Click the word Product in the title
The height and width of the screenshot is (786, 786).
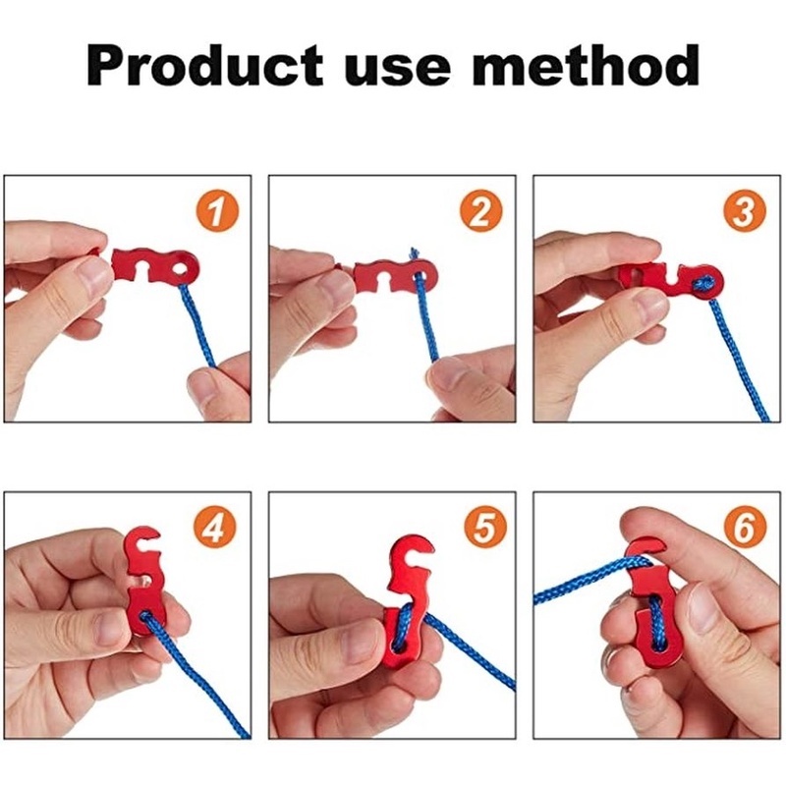(206, 67)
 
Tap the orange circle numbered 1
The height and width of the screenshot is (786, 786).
(216, 211)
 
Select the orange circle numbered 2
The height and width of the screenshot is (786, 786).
(480, 211)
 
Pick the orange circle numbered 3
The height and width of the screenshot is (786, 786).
(745, 211)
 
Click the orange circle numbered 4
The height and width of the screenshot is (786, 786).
(216, 529)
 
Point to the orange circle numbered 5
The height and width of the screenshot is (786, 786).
(480, 529)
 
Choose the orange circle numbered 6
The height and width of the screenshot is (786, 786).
(745, 529)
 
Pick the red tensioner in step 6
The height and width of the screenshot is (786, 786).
(648, 609)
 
